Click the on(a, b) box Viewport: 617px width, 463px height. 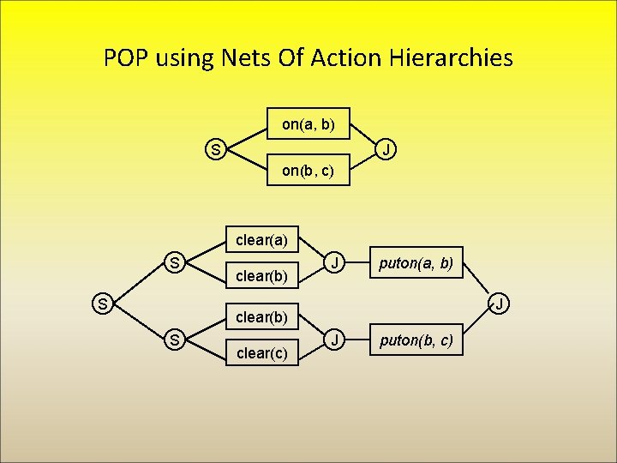pos(308,125)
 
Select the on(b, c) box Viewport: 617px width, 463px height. pos(308,171)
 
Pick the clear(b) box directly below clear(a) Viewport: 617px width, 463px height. pos(261,276)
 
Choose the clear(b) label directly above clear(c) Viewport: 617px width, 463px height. pos(261,316)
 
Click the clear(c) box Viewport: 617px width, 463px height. pos(261,352)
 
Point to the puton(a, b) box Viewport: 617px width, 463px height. pos(416,262)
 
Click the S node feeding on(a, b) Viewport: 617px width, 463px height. pos(216,151)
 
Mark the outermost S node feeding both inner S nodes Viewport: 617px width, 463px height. pos(102,303)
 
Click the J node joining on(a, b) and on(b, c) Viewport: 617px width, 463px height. pos(387,151)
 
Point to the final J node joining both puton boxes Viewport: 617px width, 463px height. pos(498,303)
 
